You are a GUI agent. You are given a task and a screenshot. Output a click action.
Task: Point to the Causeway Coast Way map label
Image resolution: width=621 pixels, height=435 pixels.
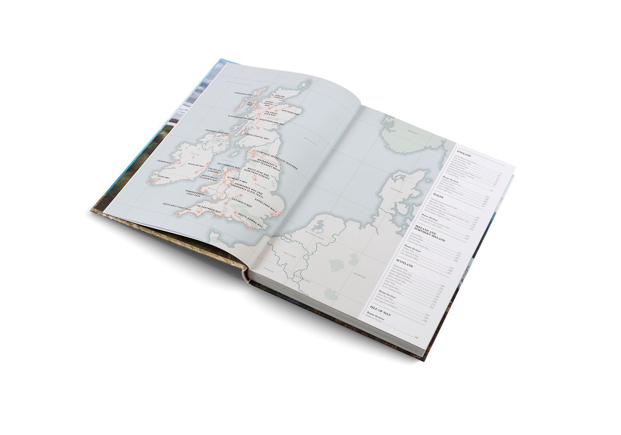217,132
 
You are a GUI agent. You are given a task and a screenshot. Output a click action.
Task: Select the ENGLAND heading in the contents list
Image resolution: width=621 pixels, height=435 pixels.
464,153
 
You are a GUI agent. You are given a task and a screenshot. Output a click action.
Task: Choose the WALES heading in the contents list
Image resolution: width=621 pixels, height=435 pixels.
438,196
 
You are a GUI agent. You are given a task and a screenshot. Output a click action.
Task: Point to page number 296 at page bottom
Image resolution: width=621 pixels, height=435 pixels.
416,337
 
